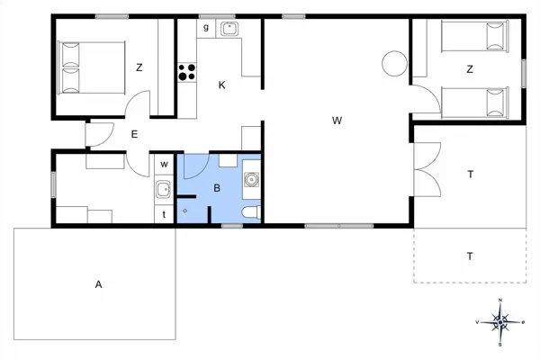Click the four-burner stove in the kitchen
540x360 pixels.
point(187,72)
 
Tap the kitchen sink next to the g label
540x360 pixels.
point(229,29)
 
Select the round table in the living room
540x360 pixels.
point(395,63)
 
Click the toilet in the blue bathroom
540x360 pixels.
point(251,212)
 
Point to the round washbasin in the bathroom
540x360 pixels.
point(251,179)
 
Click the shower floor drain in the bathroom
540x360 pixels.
point(184,211)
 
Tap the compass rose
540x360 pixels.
point(500,322)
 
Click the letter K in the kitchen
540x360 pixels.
point(221,85)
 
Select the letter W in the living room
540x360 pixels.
point(337,121)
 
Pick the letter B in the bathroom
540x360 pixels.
point(217,188)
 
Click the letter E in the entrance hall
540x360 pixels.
point(134,134)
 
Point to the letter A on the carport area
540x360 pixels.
point(98,284)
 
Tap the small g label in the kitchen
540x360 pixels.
point(206,27)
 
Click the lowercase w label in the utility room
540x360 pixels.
point(164,165)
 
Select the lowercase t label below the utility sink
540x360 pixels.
point(164,214)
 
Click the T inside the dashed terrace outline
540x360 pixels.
point(470,256)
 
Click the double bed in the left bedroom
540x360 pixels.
point(91,67)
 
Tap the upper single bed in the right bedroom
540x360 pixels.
point(475,36)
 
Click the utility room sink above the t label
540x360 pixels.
point(163,189)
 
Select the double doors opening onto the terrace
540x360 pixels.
point(427,169)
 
